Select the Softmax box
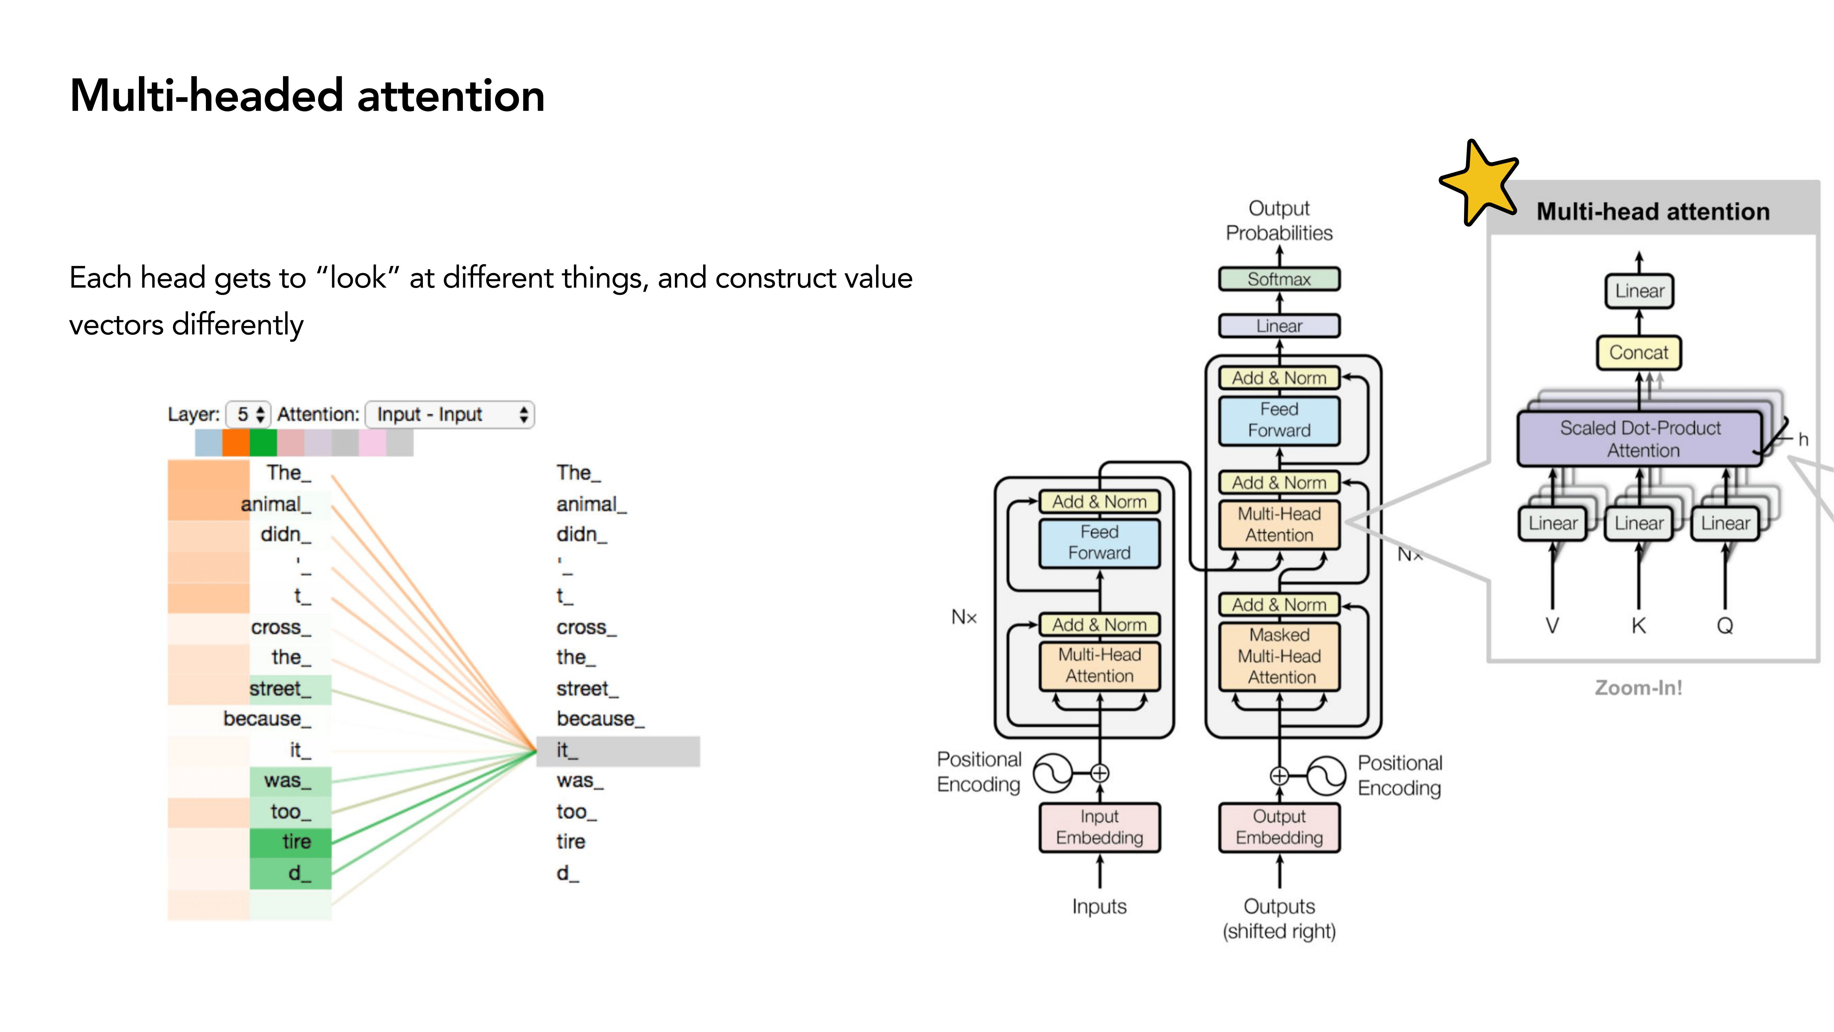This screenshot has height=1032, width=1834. point(1279,279)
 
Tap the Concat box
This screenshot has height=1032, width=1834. point(1638,353)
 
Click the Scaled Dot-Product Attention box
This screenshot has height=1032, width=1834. point(1640,439)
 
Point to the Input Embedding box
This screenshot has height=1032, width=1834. point(1099,827)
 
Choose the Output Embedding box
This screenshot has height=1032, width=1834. point(1279,827)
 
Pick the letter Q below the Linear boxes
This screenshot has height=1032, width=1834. point(1724,626)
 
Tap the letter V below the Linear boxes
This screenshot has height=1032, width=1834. point(1552,626)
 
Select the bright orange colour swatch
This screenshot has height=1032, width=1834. point(236,442)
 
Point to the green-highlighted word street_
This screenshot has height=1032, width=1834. point(280,689)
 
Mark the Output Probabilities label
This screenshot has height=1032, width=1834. point(1279,221)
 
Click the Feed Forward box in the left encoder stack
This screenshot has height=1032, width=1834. point(1099,543)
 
